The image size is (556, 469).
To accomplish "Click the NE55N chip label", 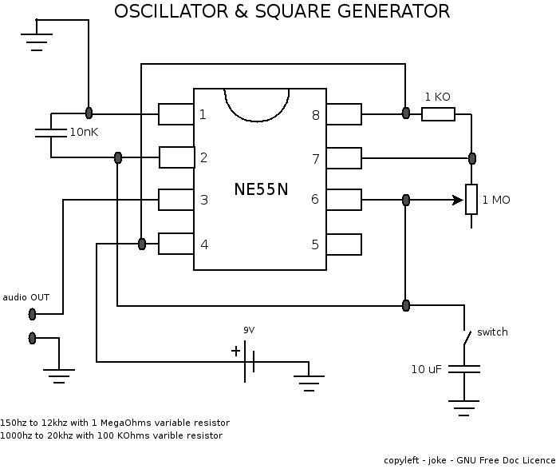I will [260, 189].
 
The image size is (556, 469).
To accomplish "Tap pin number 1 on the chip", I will [203, 114].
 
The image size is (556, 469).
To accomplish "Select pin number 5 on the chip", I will [315, 244].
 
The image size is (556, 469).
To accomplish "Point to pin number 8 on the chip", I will [315, 115].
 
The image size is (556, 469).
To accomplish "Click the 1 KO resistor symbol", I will [438, 114].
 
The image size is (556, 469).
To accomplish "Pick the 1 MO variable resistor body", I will [471, 199].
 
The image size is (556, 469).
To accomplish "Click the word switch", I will [492, 332].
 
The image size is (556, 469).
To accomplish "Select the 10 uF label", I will [427, 369].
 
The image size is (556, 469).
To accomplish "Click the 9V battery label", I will [250, 330].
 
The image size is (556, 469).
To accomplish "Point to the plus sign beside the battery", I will [235, 351].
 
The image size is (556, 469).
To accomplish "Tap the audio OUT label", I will [26, 297].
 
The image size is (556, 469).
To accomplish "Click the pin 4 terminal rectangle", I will [175, 244].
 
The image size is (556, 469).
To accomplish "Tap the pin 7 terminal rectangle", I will [344, 158].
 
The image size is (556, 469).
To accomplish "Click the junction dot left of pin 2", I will [118, 157].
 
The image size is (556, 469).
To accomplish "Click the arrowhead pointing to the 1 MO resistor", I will [459, 199].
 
